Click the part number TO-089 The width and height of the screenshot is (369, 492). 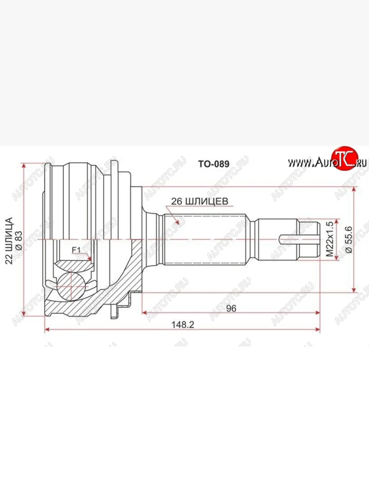214,164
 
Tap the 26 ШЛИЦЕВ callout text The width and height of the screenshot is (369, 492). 200,201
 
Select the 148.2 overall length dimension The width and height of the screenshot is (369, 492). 182,325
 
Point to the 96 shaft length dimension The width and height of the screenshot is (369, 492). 231,308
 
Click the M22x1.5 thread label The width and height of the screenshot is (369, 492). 330,239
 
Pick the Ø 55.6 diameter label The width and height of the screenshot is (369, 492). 349,239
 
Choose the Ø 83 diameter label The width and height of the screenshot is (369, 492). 19,241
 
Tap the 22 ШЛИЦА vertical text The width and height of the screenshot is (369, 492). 9,241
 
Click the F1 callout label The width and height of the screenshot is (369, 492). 76,250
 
